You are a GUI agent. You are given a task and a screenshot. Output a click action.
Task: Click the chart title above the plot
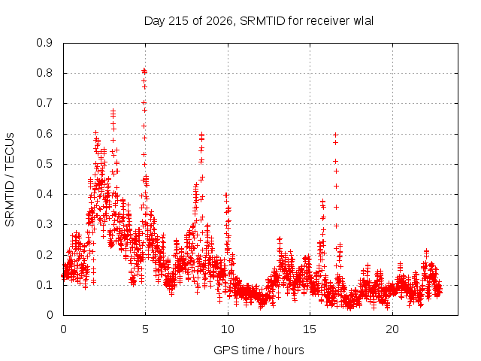259,21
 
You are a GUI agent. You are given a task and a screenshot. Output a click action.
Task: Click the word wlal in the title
364,21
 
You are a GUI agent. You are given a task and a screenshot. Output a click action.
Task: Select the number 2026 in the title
219,21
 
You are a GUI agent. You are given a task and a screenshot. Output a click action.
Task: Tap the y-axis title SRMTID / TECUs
10,180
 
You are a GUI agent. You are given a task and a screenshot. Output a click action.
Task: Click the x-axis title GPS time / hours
259,350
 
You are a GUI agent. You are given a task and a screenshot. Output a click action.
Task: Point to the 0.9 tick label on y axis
44,43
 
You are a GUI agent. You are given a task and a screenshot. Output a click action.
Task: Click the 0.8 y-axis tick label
44,73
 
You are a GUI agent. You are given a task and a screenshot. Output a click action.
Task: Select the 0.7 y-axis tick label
44,103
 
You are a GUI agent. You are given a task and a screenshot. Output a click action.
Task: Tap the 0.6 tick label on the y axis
44,134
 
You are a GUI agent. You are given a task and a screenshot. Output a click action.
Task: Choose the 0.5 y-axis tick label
44,164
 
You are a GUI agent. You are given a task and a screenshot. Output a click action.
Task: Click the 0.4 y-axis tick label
44,194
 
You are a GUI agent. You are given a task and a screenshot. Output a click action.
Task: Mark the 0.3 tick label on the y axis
44,224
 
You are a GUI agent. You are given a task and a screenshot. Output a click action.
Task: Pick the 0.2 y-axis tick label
44,255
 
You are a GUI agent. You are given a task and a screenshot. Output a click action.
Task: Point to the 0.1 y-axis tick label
44,285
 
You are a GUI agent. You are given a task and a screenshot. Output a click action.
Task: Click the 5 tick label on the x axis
145,329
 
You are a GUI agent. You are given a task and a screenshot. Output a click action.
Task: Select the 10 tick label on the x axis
228,329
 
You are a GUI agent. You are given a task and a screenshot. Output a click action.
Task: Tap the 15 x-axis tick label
310,329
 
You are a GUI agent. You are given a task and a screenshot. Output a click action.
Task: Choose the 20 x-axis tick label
392,329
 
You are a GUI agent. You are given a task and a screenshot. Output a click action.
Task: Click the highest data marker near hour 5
144,71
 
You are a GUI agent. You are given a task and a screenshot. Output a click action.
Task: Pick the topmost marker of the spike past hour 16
336,135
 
